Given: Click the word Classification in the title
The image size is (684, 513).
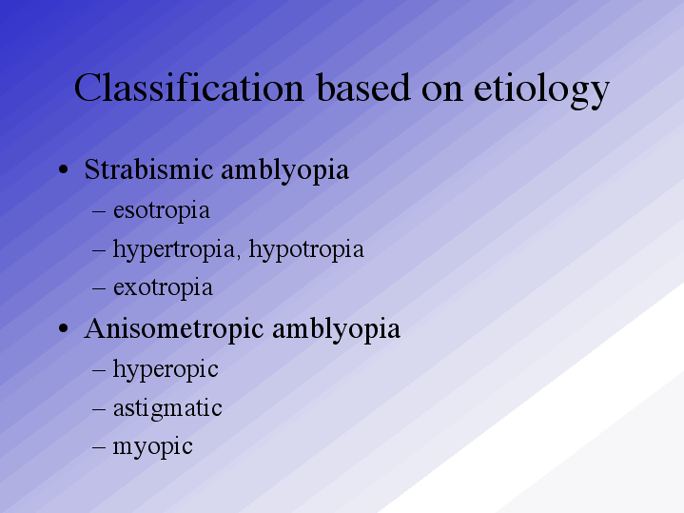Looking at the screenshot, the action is [189, 88].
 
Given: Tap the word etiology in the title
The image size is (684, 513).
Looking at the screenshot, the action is [541, 91].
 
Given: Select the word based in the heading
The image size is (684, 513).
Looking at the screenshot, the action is [363, 88].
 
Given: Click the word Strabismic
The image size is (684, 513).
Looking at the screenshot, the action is [148, 169].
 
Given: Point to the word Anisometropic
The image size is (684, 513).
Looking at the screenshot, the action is [174, 329].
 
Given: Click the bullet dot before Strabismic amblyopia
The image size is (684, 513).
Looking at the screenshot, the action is [63, 169].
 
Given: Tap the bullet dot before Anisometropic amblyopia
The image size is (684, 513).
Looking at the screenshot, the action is [63, 328].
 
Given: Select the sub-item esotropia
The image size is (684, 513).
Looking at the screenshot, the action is [162, 211].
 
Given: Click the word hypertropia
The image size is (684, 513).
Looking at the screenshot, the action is [175, 249].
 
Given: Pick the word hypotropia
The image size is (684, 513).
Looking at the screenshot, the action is [306, 249].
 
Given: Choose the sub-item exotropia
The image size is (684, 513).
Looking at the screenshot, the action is [163, 288].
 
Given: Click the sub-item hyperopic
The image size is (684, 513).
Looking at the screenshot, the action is [166, 370].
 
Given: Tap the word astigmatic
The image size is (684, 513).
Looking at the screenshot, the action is [167, 409].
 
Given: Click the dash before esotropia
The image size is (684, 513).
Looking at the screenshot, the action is [99, 211].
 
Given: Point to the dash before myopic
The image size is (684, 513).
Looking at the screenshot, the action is [99, 447].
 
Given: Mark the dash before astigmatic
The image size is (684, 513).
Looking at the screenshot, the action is [99, 409].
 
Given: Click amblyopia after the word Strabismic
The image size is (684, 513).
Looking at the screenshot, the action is [284, 170].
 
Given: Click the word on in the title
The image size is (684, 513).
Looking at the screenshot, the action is [442, 91].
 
